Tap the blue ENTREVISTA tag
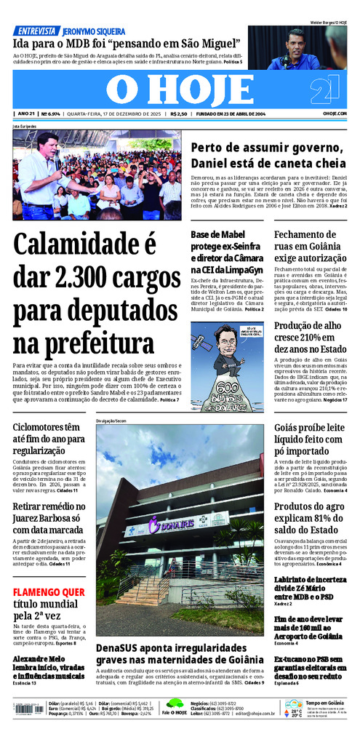(36, 31)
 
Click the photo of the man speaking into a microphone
(97, 175)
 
